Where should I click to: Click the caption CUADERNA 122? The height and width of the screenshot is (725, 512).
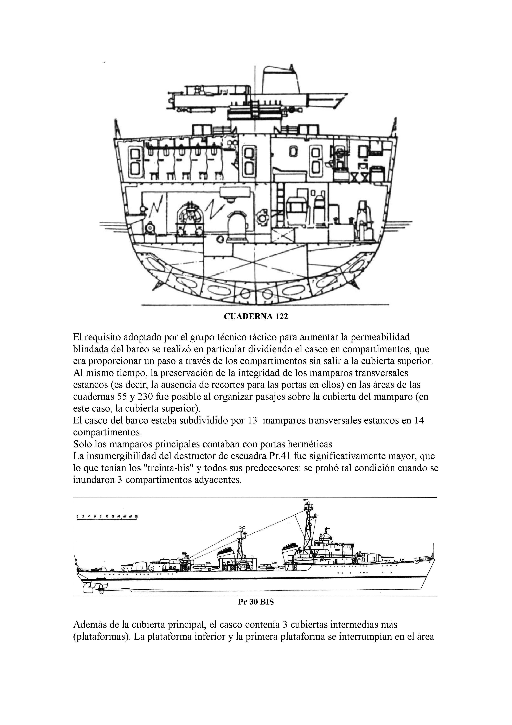click(256, 316)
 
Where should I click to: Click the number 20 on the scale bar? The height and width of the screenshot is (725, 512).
click(136, 517)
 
